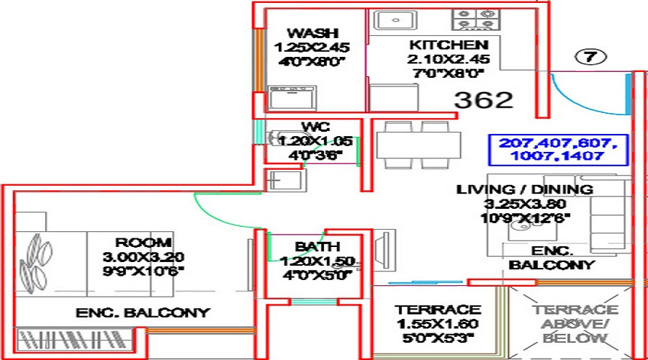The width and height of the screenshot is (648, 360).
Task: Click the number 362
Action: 483,99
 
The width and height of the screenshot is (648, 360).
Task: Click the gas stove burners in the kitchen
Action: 476,19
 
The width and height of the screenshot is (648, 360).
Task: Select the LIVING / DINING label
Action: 525,189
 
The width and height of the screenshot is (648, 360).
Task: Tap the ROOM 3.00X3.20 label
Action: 143,242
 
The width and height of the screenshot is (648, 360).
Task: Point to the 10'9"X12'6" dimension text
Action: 525,216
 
